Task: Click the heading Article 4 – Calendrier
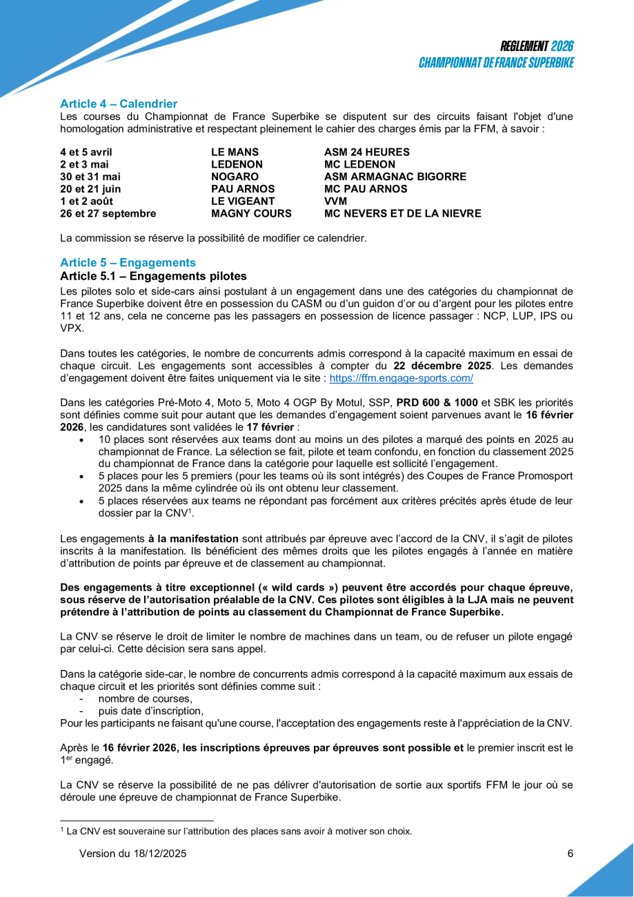tap(119, 104)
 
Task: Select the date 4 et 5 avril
tap(86, 152)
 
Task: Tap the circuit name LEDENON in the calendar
tap(237, 164)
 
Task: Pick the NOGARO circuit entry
tap(235, 177)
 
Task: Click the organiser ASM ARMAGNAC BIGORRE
tap(395, 177)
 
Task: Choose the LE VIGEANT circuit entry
tap(243, 201)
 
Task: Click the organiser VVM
tap(335, 201)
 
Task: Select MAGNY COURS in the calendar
tap(251, 214)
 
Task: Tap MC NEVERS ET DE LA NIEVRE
tap(402, 214)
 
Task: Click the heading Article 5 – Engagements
tap(128, 263)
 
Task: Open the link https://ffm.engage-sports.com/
tap(401, 379)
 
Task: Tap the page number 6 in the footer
tap(570, 854)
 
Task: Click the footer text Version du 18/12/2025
tap(132, 854)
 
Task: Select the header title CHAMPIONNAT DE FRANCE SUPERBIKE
tap(497, 63)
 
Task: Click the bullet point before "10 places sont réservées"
tap(82, 440)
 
